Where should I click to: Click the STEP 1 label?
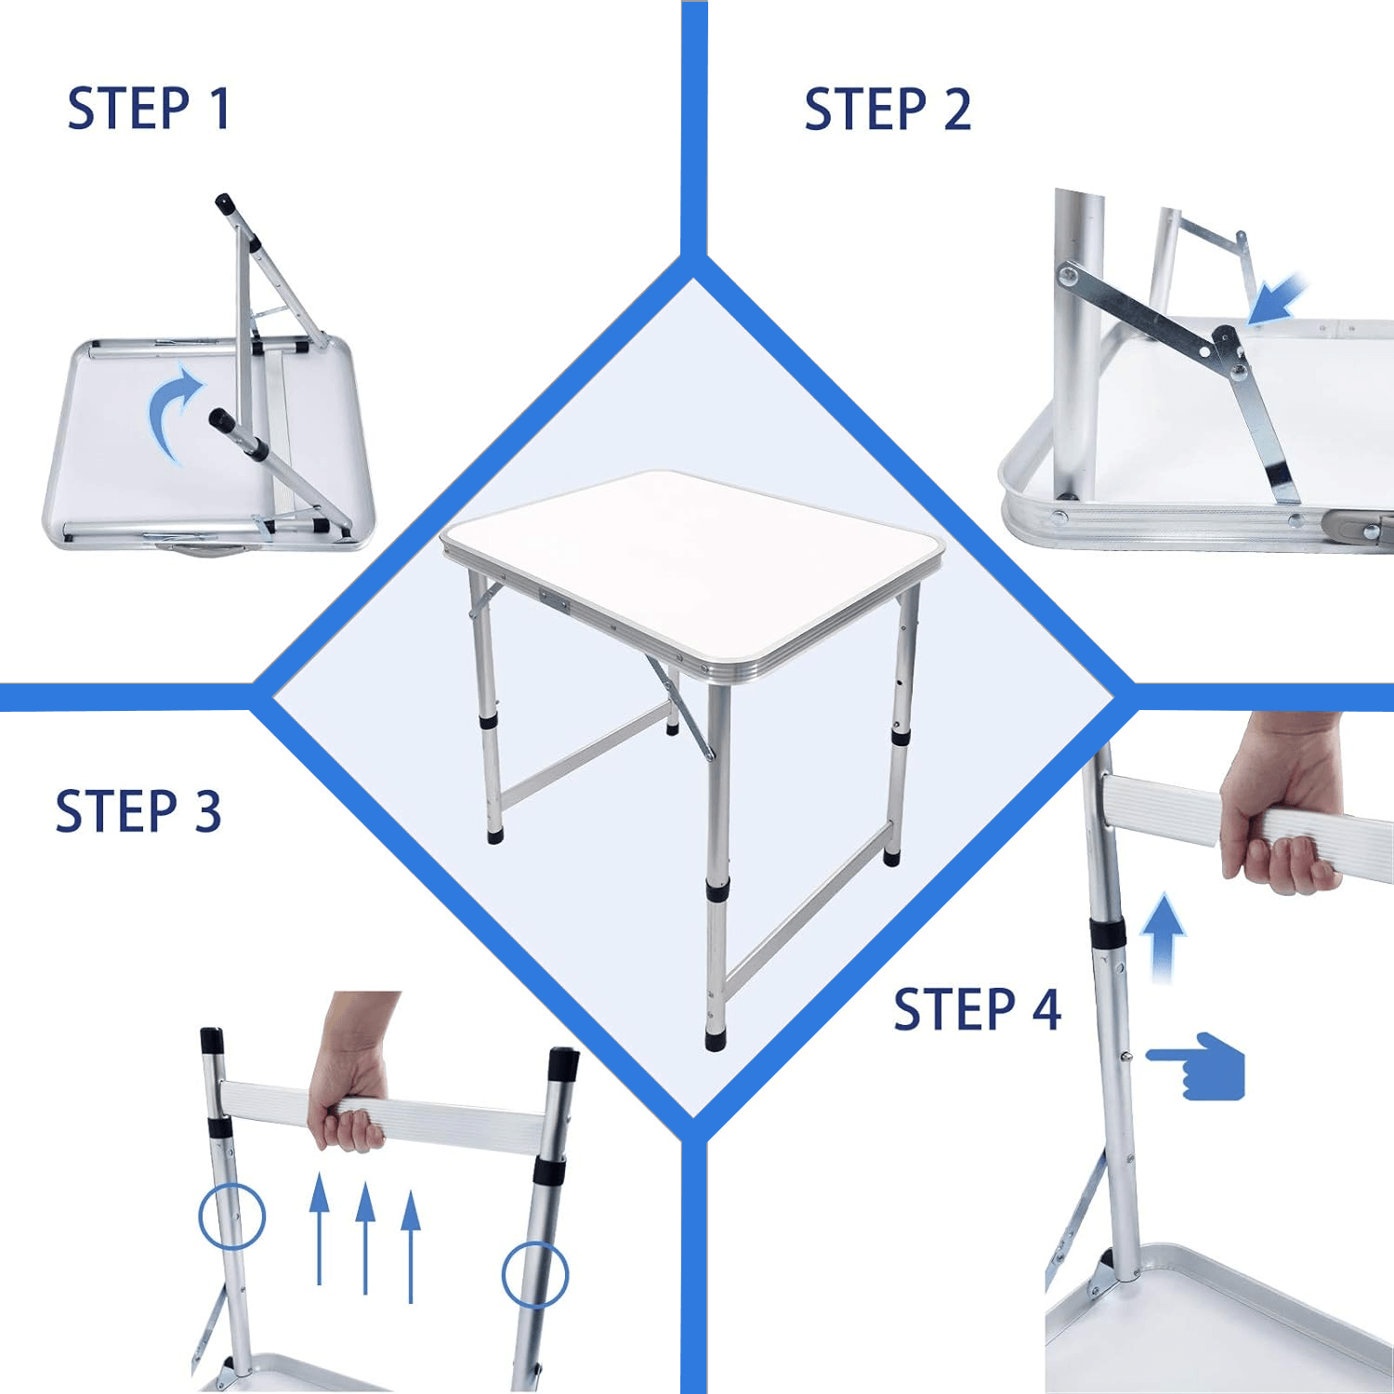[x=149, y=109]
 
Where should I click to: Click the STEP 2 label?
[x=888, y=110]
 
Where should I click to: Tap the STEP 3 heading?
[x=138, y=811]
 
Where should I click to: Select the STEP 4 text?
[x=977, y=1009]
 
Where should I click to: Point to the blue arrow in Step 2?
[x=1278, y=299]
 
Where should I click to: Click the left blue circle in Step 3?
[x=232, y=1216]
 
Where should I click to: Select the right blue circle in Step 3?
[x=534, y=1274]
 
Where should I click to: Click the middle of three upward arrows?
[x=365, y=1236]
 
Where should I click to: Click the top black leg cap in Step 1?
[x=224, y=203]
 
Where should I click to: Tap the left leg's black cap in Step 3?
[x=212, y=1039]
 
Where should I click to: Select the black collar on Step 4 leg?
[x=1108, y=932]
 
